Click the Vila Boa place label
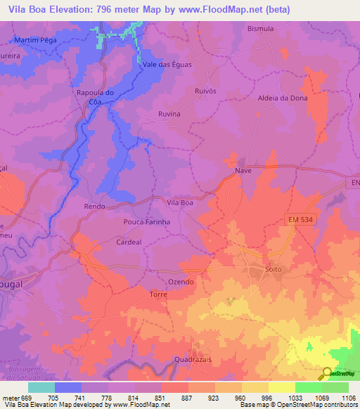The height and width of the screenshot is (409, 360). click(179, 202)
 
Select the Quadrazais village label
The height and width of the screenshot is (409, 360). click(195, 358)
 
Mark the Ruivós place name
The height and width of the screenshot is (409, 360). click(206, 91)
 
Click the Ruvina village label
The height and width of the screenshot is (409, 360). click(169, 114)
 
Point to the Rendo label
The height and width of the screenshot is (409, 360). click(94, 206)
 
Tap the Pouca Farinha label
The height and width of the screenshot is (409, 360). click(147, 222)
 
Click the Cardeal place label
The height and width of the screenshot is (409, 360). click(129, 241)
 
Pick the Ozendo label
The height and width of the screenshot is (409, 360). click(181, 281)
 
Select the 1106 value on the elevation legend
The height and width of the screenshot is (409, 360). click(347, 398)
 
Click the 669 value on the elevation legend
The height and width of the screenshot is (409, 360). click(27, 398)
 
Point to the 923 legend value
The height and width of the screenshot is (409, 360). click(214, 398)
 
